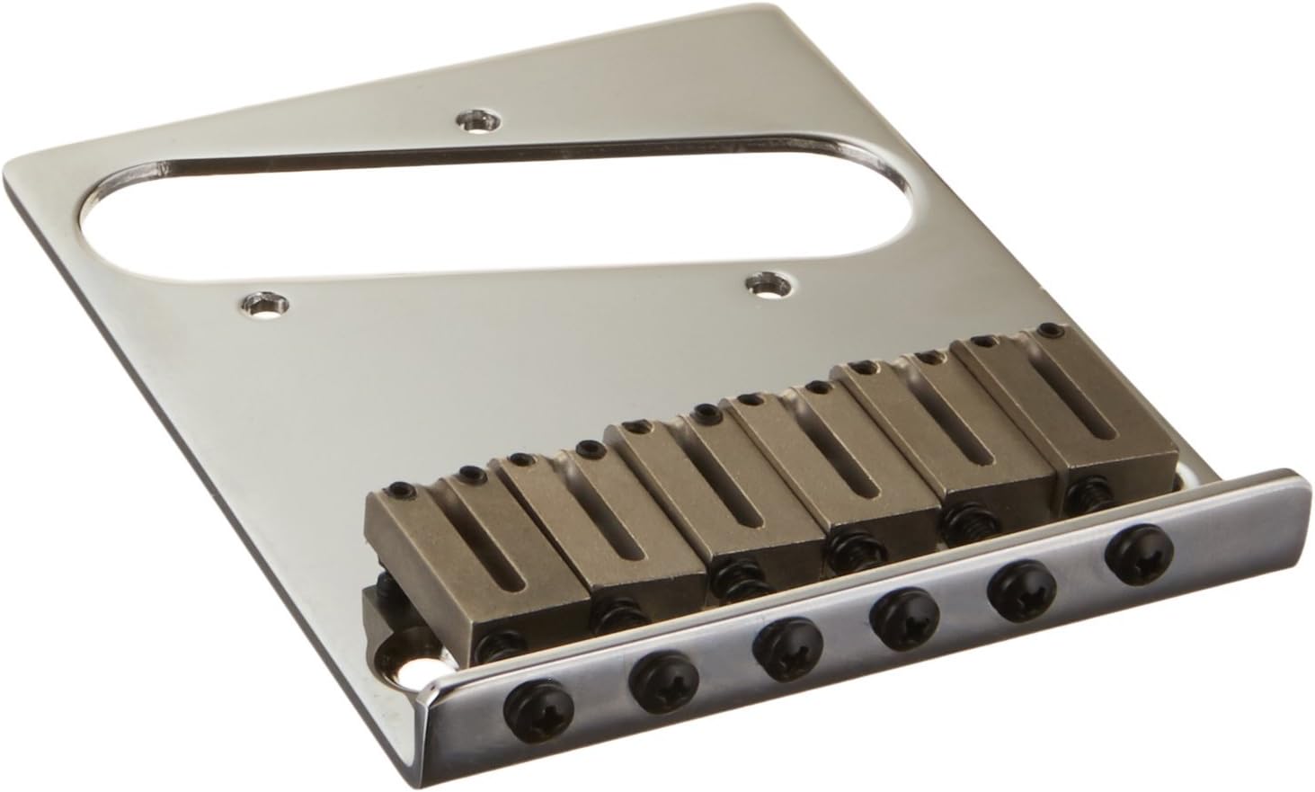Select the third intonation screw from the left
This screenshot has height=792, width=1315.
(x=774, y=644)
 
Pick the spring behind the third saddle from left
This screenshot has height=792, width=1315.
(x=729, y=585)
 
